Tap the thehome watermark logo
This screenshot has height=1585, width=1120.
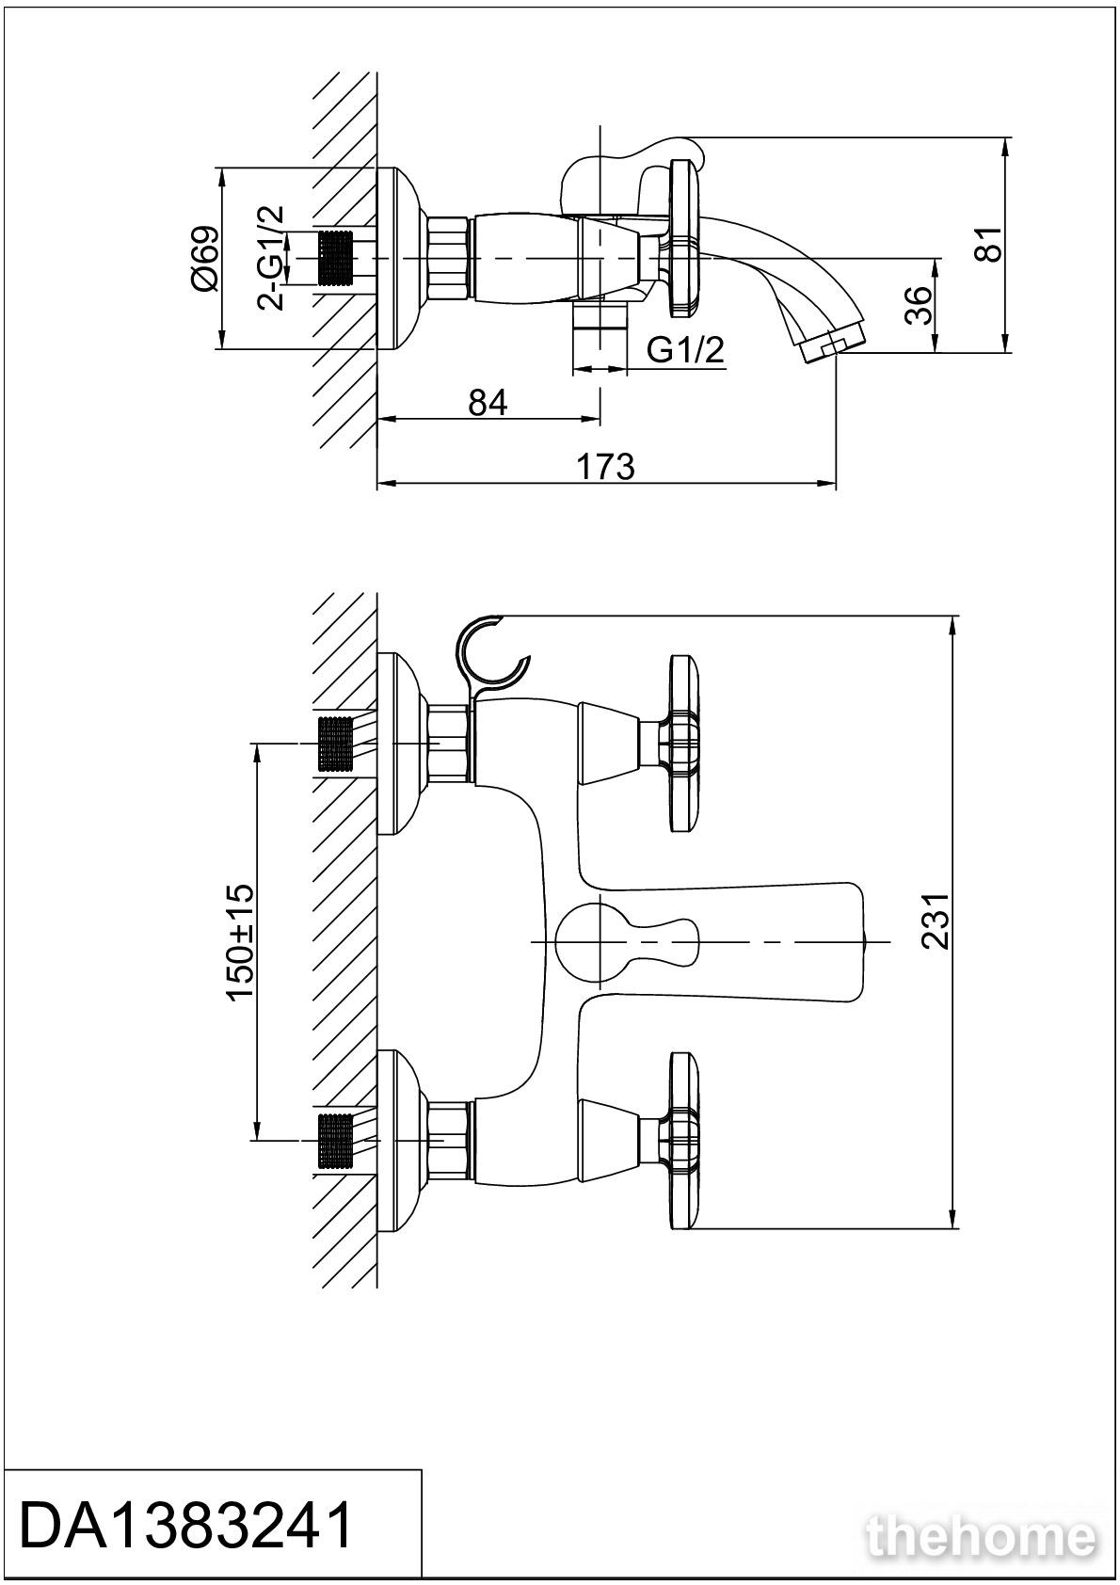click(983, 1538)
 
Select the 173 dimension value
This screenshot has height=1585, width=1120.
click(605, 466)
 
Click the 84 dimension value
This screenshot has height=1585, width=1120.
click(488, 402)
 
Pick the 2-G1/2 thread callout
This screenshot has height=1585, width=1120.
click(271, 258)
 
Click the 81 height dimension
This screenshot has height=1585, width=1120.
click(986, 245)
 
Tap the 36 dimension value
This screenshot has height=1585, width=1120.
click(919, 304)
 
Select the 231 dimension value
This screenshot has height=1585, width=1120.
click(936, 921)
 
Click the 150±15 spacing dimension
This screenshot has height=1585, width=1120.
click(240, 941)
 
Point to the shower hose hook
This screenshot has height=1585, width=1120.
click(489, 653)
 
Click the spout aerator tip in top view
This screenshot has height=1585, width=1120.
click(832, 344)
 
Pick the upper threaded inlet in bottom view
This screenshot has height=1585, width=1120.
click(336, 744)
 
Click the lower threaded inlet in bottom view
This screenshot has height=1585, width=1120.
click(336, 1140)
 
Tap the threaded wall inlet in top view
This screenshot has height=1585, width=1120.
click(336, 257)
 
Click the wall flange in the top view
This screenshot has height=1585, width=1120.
click(397, 258)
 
